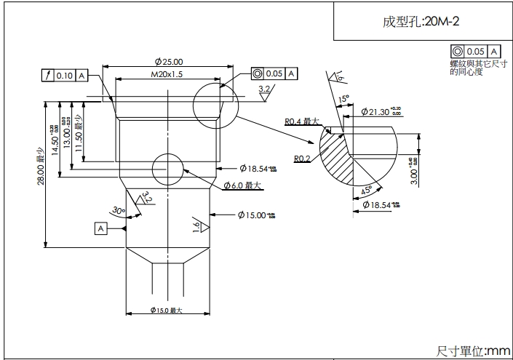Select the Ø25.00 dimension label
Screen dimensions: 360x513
169,62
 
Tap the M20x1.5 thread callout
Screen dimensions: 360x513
167,74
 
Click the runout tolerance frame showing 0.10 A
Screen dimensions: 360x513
65,75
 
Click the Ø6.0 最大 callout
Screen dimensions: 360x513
243,185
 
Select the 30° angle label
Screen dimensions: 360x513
117,210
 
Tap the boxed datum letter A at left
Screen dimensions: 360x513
100,228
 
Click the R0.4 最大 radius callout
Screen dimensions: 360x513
302,121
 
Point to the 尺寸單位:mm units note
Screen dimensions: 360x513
473,351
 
